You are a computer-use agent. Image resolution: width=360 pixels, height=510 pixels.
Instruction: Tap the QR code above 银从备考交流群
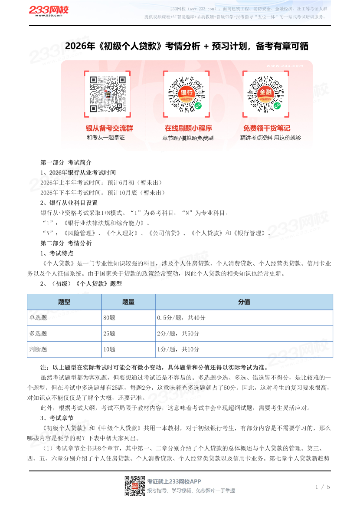(x=108, y=94)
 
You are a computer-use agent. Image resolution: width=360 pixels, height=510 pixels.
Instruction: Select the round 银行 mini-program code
(x=187, y=94)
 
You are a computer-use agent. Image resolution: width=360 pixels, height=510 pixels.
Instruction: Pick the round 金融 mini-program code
(x=265, y=94)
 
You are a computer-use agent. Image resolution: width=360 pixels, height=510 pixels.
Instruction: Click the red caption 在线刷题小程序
(x=188, y=128)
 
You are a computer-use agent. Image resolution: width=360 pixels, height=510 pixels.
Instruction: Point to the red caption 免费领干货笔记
(x=266, y=128)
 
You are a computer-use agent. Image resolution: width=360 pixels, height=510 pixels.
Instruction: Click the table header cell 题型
(x=64, y=302)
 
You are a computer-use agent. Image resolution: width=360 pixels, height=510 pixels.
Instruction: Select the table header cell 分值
(x=244, y=302)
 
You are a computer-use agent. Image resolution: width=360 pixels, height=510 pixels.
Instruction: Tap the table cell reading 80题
(x=109, y=318)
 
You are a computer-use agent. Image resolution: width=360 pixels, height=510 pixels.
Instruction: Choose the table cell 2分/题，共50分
(x=178, y=333)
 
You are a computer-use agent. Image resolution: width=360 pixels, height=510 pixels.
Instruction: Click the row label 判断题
(x=38, y=349)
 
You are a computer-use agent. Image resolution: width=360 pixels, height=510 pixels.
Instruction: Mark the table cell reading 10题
(x=109, y=349)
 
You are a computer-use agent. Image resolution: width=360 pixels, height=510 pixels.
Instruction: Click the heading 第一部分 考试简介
(x=66, y=162)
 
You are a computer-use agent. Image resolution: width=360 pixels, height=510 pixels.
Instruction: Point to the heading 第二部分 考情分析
(x=66, y=243)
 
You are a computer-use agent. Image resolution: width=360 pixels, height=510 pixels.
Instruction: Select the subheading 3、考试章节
(x=57, y=418)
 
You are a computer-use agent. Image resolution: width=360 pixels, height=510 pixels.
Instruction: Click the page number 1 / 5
(x=323, y=487)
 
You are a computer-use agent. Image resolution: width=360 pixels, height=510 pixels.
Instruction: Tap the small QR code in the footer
(x=133, y=486)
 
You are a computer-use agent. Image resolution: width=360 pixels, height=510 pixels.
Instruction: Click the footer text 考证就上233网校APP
(x=174, y=481)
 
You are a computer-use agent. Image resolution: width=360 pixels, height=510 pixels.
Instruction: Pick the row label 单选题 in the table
(x=38, y=318)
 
